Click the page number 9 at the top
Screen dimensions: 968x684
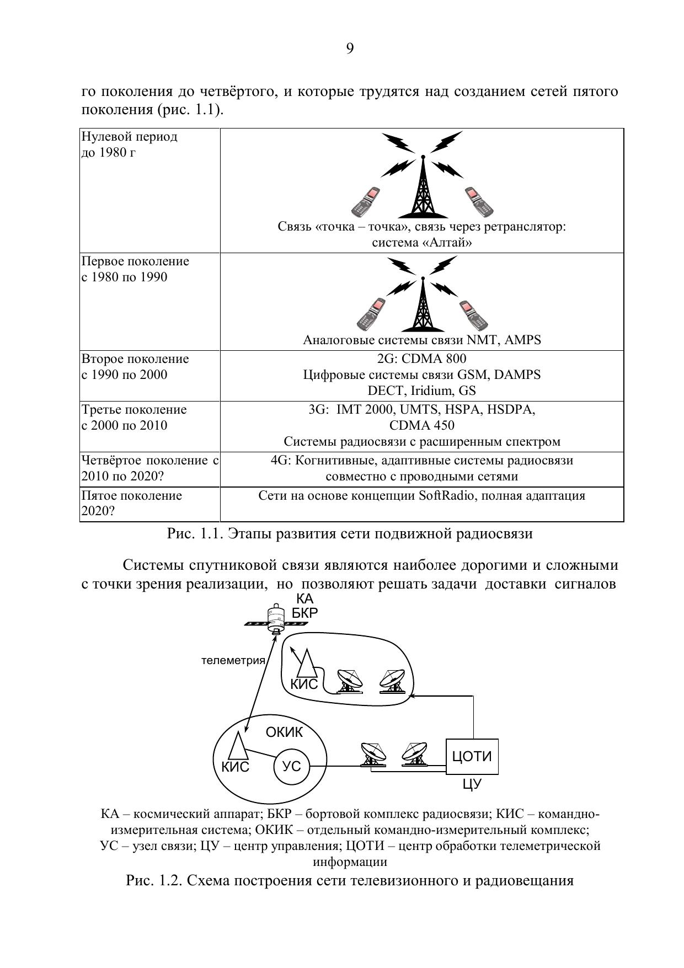pos(350,49)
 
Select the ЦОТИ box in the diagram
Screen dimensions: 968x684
pos(472,757)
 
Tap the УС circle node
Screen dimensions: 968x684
pos(291,766)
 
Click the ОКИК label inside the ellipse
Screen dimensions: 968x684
pos(284,732)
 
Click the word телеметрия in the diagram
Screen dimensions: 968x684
pos(233,660)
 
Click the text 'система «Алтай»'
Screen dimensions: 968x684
pos(422,243)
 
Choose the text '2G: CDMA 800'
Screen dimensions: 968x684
pos(422,359)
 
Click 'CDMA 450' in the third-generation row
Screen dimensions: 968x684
pos(422,426)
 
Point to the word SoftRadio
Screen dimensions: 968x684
pos(448,495)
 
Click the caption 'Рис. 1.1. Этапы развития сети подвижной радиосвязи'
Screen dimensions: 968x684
pos(350,534)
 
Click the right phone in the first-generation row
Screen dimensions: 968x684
pos(474,314)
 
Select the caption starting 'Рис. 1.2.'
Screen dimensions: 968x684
pos(350,880)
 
